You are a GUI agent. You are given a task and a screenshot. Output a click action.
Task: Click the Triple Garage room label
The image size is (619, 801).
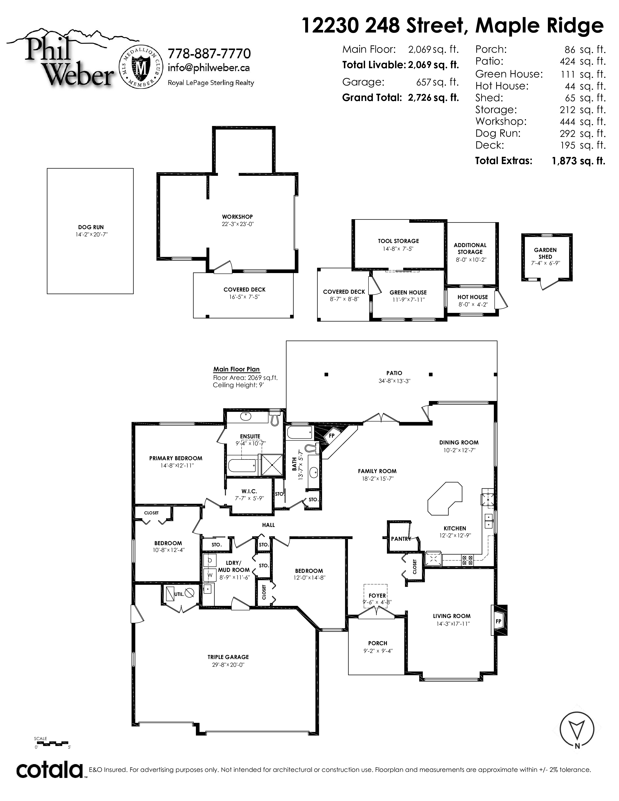228,657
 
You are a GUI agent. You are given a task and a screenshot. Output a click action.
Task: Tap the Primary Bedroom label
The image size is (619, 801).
176,458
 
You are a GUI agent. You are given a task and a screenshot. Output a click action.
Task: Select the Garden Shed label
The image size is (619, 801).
545,253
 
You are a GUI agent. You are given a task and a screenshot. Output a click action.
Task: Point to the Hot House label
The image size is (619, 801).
473,297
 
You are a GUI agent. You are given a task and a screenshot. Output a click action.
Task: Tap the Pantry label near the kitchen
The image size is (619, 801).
400,539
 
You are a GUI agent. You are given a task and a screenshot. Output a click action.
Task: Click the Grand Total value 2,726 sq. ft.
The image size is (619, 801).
433,98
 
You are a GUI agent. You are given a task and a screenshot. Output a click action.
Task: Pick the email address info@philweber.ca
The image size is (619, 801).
209,68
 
